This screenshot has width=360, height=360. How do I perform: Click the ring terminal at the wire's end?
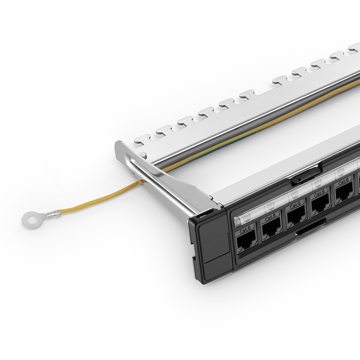click(x=31, y=219)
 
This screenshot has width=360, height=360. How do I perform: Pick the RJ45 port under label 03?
click(x=296, y=217)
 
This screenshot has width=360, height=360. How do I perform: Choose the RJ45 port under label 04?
click(x=320, y=205)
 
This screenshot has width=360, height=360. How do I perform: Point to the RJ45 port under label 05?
click(x=344, y=193)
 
